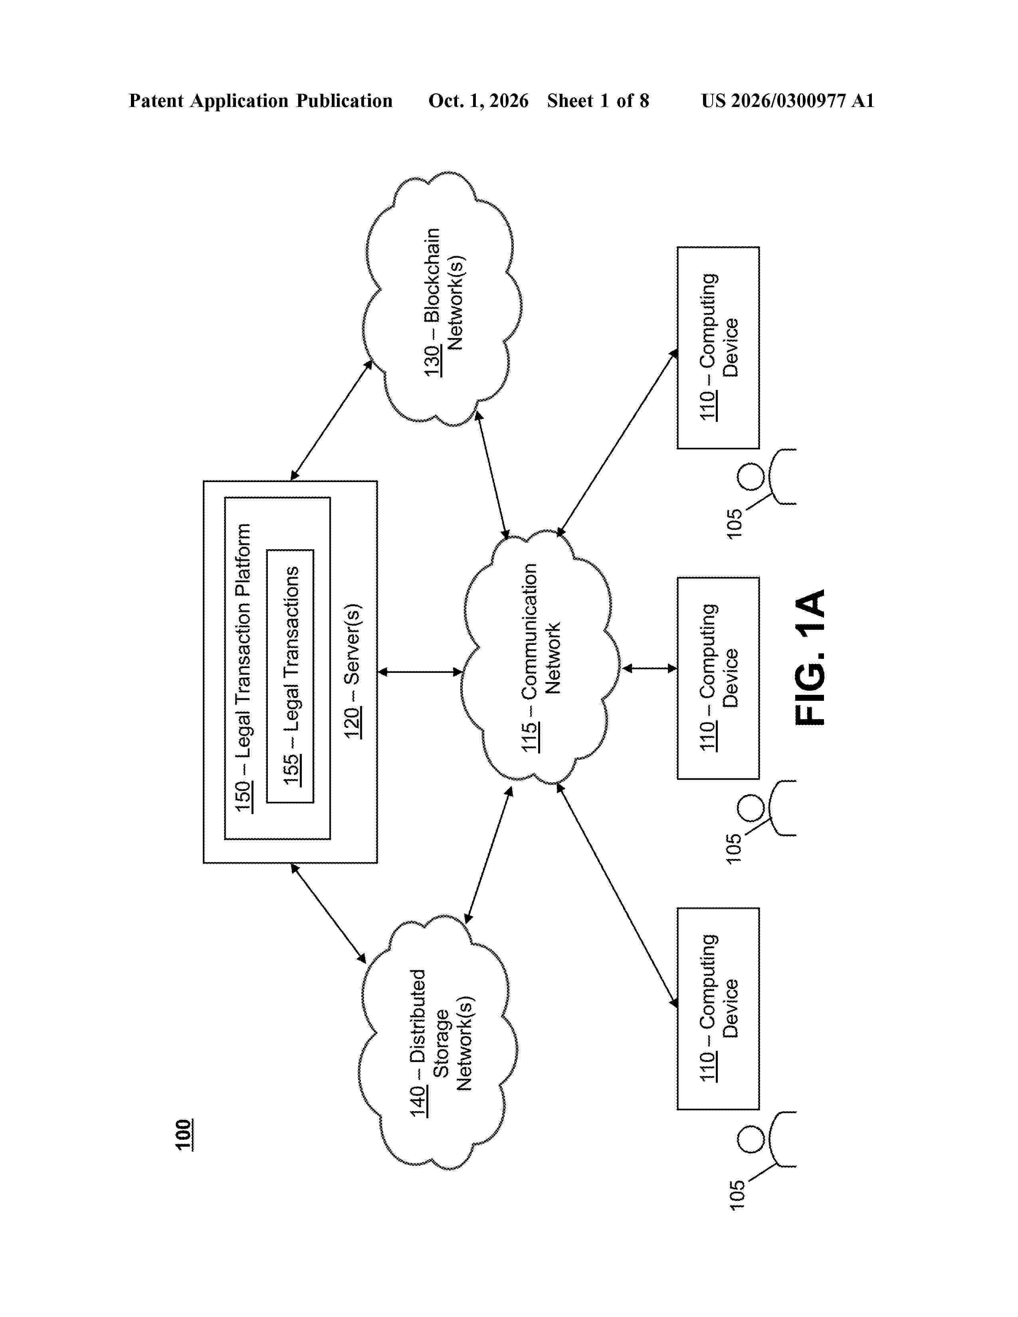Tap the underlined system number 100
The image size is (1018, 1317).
(184, 1135)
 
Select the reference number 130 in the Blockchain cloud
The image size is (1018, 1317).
(432, 361)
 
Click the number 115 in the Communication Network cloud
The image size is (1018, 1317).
(530, 736)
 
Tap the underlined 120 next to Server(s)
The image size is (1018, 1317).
(353, 722)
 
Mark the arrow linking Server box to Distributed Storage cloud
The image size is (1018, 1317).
(328, 914)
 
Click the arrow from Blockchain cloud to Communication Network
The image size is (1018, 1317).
(493, 474)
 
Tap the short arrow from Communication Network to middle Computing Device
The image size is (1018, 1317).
(650, 668)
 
